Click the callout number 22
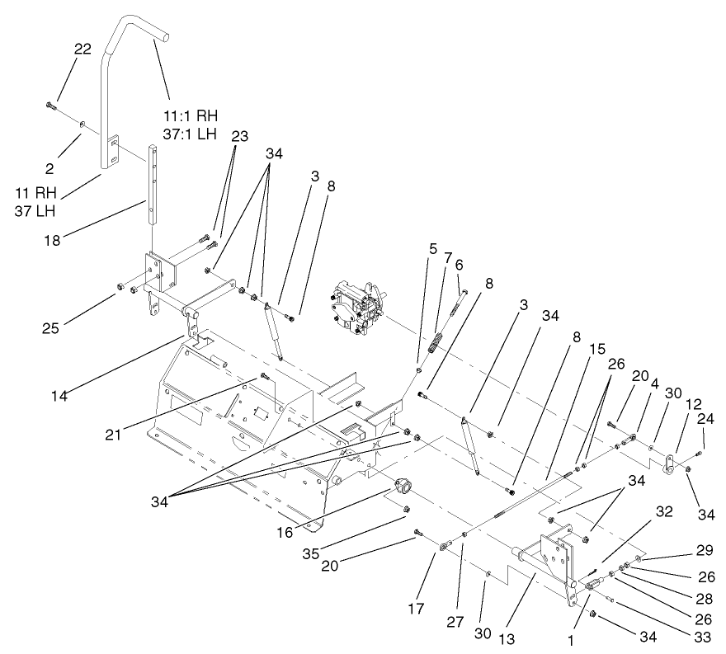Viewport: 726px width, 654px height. [82, 50]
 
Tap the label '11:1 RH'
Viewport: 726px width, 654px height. [191, 114]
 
